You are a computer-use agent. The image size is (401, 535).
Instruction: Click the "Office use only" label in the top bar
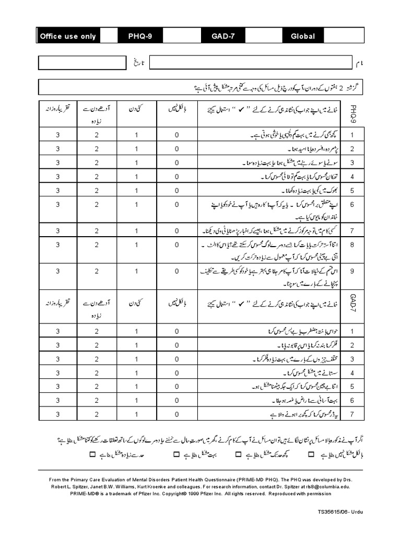point(68,36)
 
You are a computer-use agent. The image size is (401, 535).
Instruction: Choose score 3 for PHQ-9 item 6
point(58,204)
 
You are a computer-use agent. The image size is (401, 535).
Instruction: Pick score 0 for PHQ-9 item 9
point(177,271)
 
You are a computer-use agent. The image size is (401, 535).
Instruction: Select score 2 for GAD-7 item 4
point(97,373)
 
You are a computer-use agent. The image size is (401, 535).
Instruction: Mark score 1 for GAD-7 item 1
point(136,331)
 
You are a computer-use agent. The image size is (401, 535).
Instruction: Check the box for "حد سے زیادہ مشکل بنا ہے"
point(93,455)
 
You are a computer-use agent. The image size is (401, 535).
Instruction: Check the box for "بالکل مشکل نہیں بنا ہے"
point(311,455)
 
